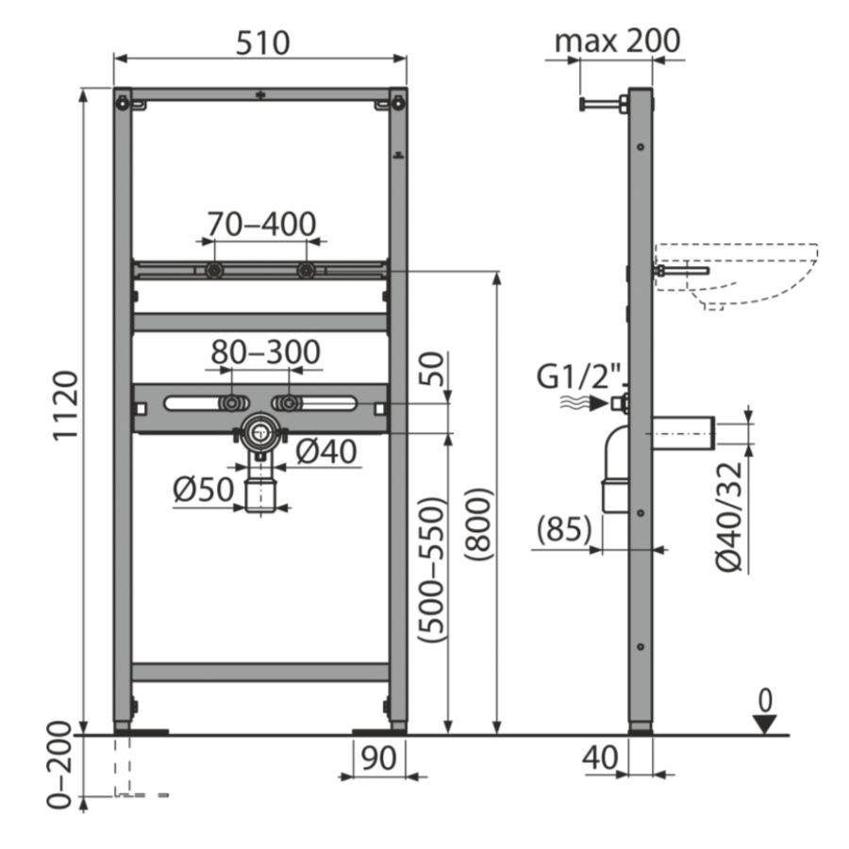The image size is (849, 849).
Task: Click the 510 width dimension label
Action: pos(262,42)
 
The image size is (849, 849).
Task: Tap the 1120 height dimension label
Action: pos(65,406)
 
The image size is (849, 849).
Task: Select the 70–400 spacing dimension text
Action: pos(261,224)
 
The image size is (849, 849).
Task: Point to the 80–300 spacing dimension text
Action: pos(265,352)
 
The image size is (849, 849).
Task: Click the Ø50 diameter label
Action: pos(204,490)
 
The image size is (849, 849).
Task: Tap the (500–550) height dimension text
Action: pos(431,570)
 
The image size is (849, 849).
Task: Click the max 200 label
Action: pos(617,41)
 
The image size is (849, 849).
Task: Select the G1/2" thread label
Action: pos(578,376)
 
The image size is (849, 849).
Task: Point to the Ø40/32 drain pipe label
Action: pos(729,517)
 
